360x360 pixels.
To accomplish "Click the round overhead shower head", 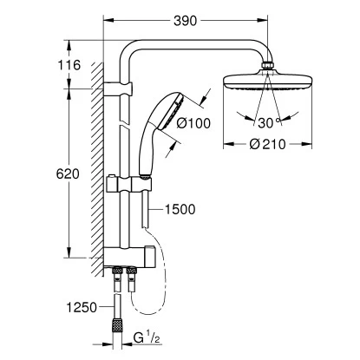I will (x=260, y=83).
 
